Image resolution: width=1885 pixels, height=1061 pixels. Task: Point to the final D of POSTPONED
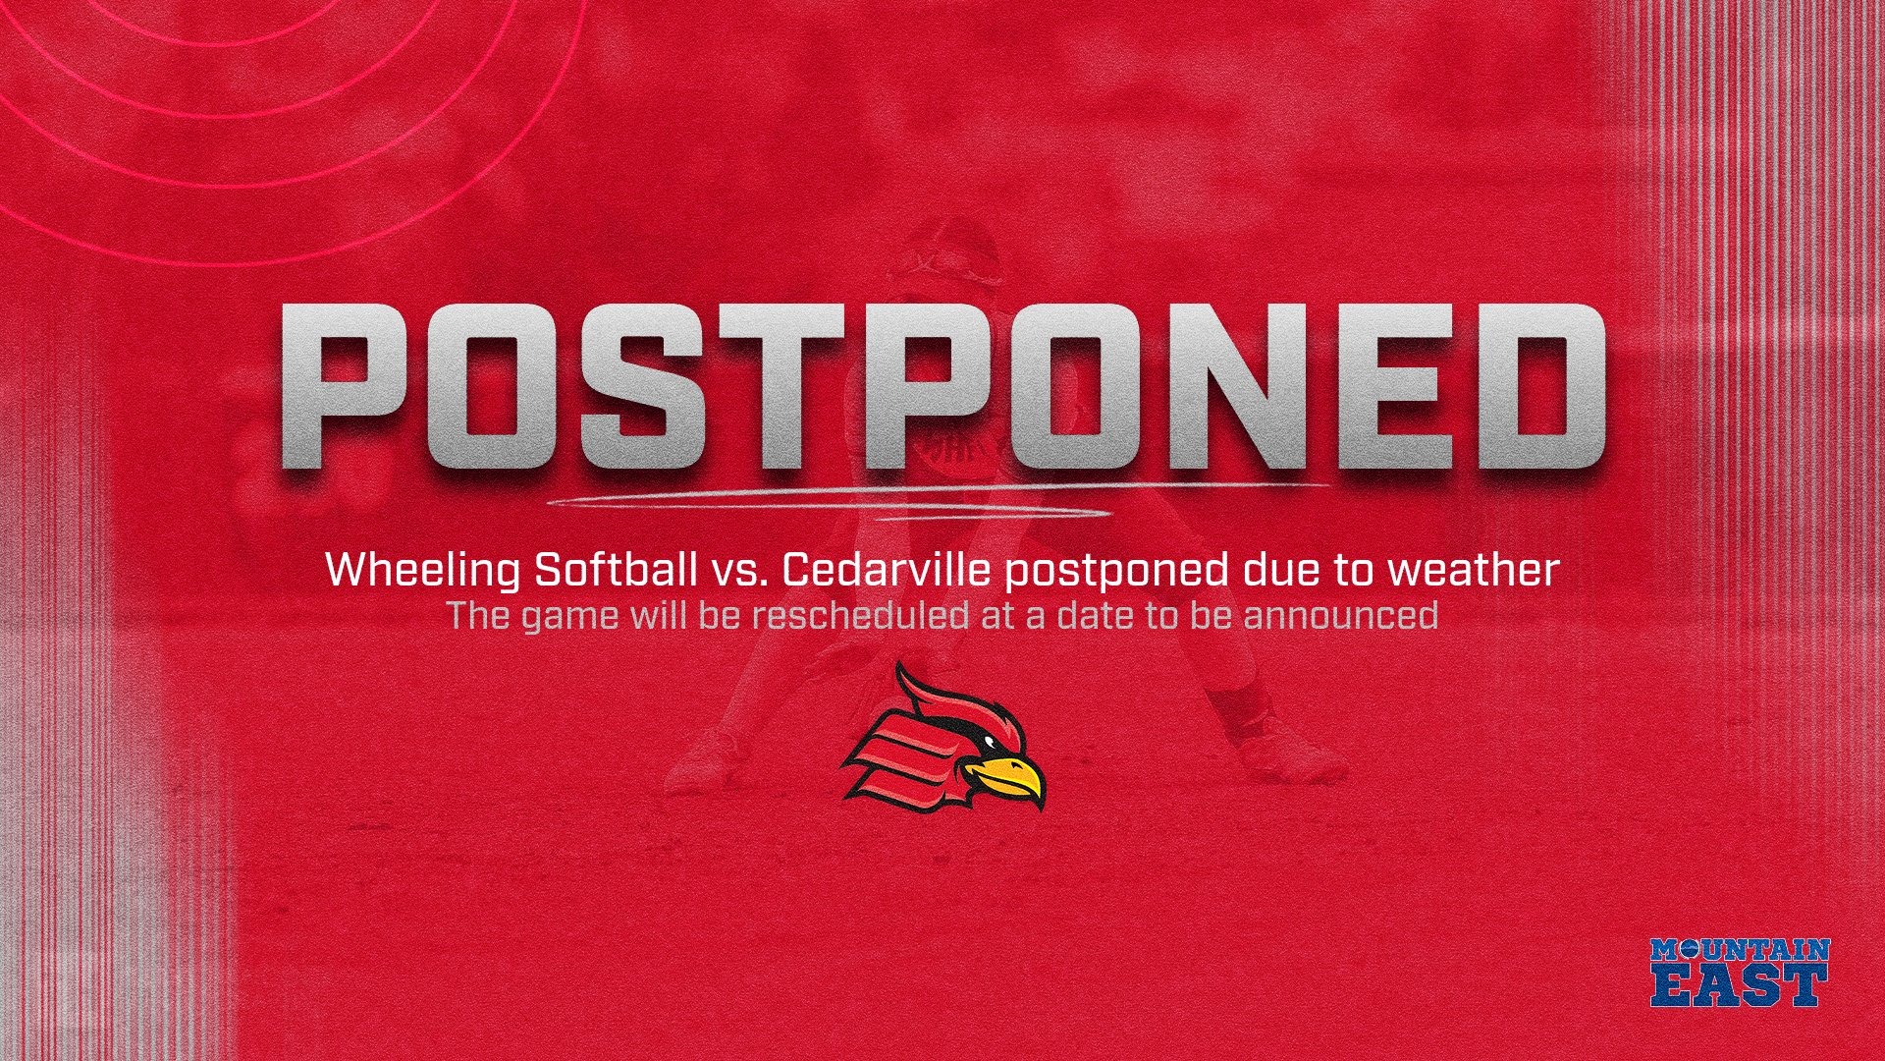click(x=1539, y=385)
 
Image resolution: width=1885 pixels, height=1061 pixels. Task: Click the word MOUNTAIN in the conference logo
click(x=1740, y=949)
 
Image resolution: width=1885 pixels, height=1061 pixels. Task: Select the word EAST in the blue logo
click(x=1740, y=984)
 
